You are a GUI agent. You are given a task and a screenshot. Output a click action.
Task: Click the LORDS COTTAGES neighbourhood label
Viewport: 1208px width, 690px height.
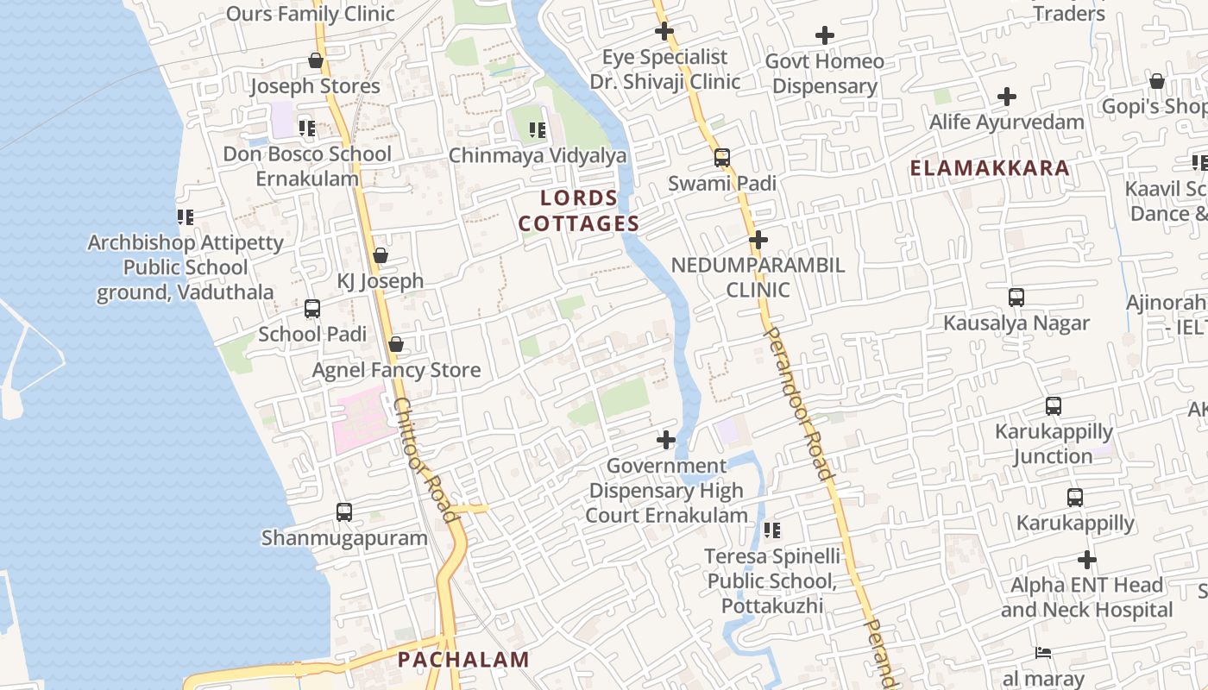579,211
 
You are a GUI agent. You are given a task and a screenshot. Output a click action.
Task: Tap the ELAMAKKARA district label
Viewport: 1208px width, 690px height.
990,168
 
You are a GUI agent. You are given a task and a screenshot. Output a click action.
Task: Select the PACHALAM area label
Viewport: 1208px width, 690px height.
463,661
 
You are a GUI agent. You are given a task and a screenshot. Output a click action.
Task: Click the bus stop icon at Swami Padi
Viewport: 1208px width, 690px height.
722,158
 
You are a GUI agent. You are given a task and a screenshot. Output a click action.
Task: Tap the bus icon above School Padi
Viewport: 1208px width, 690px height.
312,309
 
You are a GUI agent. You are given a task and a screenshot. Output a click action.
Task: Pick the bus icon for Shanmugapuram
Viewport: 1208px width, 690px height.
344,512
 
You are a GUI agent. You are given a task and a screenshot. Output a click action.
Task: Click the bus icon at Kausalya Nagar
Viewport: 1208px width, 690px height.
1016,298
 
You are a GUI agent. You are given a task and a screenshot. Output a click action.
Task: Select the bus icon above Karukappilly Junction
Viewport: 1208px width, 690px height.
1053,406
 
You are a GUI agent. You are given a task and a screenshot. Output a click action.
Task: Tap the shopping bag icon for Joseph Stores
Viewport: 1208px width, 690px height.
316,61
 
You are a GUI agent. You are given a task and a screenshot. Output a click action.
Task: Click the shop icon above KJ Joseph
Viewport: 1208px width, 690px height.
381,256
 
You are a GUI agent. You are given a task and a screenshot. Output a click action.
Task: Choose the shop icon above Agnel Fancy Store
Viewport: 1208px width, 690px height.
396,345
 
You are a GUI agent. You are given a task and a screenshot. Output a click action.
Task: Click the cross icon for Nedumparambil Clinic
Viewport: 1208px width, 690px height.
758,240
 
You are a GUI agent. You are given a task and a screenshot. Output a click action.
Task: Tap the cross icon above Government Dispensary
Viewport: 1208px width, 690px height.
666,441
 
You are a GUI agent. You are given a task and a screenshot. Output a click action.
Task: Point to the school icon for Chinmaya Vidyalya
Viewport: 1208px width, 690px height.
538,130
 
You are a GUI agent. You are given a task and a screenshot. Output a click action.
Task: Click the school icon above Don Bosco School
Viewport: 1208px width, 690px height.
307,129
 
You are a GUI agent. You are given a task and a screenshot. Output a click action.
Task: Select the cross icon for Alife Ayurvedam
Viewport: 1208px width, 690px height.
1006,97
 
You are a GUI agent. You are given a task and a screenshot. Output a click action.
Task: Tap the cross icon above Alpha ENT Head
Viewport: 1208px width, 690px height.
1087,560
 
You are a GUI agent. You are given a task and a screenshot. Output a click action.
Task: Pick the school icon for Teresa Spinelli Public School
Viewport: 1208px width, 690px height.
772,530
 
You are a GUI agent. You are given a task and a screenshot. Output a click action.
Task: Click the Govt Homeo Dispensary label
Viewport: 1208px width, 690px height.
825,74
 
